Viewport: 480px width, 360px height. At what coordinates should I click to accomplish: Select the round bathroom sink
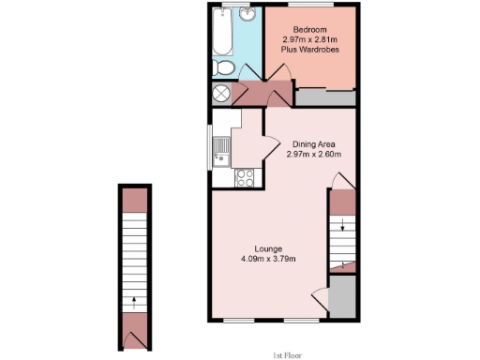tap(247, 15)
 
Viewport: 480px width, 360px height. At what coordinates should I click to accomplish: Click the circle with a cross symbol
tap(222, 94)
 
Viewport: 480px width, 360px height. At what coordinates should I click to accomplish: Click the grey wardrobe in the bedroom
tap(325, 96)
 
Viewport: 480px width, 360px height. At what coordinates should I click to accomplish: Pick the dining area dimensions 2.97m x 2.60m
tap(313, 155)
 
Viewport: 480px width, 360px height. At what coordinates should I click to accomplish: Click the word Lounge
tap(268, 248)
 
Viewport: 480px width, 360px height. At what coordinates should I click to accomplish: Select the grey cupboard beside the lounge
tap(342, 297)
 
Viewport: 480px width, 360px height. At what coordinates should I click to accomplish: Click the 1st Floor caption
tap(286, 353)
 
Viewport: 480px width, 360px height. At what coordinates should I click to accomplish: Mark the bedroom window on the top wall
tap(309, 6)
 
